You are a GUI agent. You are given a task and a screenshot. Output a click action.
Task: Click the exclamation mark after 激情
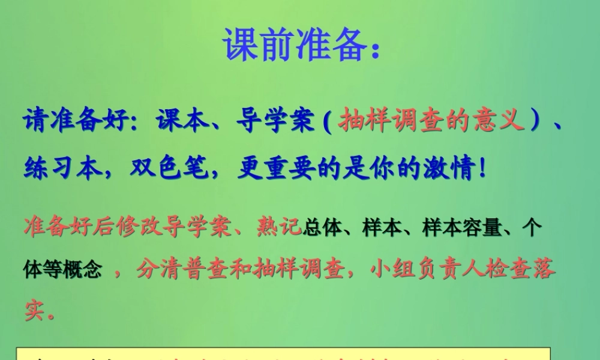pyautogui.click(x=481, y=169)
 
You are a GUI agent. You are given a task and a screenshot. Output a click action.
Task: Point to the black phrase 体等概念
pyautogui.click(x=63, y=271)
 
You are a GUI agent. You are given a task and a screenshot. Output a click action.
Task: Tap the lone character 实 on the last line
pyautogui.click(x=35, y=310)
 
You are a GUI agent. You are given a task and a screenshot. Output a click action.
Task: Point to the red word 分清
pyautogui.click(x=158, y=270)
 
